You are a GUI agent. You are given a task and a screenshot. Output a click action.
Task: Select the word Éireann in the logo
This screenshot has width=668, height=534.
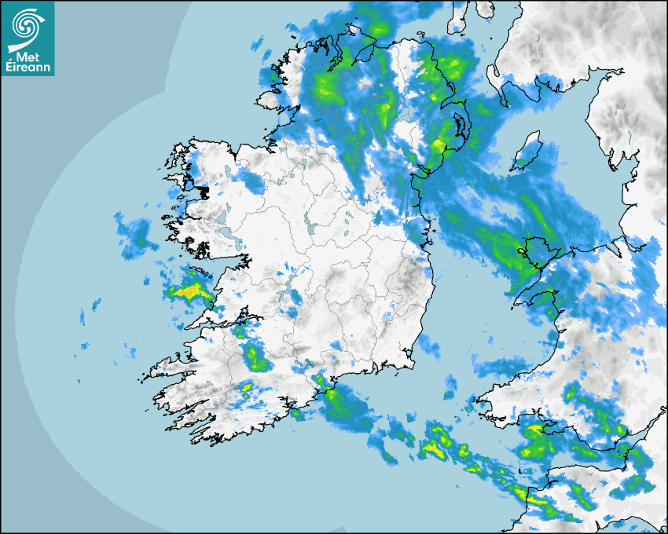28,68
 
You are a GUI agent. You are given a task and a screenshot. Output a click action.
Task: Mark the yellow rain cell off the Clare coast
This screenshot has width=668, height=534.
189,293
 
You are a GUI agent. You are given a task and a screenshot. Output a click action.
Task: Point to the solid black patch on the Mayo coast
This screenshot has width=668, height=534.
203,191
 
